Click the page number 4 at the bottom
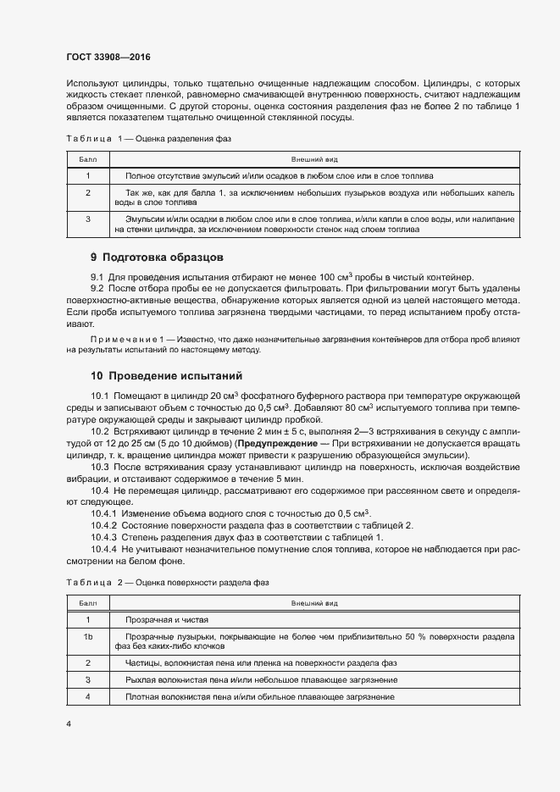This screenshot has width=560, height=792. [69, 725]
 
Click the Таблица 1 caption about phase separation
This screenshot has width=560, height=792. [148, 137]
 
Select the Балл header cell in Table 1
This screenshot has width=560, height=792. [88, 158]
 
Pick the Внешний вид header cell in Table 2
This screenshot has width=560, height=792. [314, 603]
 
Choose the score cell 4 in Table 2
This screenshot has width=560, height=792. [88, 696]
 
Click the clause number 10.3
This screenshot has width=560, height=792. [100, 468]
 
